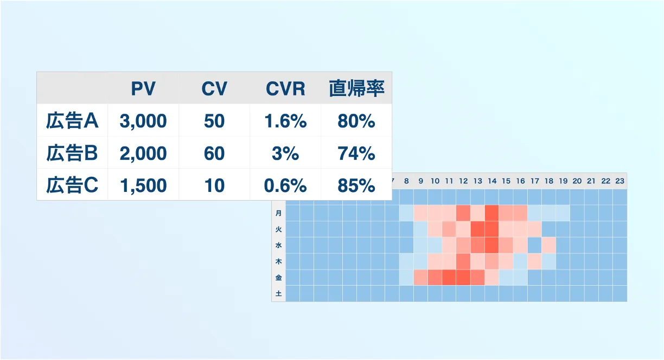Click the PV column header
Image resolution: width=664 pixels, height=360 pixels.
tap(143, 88)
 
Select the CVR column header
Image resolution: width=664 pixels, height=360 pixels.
tap(285, 88)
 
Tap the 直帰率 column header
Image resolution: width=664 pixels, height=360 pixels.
tap(356, 88)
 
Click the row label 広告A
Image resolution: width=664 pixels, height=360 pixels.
tap(72, 120)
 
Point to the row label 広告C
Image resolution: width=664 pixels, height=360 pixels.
tap(72, 185)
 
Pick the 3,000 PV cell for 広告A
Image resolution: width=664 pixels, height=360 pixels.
tap(143, 121)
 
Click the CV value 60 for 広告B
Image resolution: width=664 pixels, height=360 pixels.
tap(214, 153)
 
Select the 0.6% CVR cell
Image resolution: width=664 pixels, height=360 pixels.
tap(285, 186)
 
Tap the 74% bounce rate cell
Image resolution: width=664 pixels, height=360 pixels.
tap(356, 153)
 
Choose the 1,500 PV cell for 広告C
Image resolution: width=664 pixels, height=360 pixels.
tap(143, 186)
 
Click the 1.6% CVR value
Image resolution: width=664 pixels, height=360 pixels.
tap(285, 121)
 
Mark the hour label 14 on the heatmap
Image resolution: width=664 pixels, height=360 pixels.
tap(492, 181)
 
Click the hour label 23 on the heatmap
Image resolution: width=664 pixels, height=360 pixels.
tap(620, 181)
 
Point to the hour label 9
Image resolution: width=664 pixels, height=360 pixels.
tap(420, 181)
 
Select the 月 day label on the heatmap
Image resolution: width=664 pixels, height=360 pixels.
tap(278, 213)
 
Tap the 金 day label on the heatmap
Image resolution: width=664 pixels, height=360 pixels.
tap(278, 278)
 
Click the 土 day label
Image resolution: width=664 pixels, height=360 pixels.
tap(278, 294)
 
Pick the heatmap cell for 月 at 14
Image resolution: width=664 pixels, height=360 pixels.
tap(492, 213)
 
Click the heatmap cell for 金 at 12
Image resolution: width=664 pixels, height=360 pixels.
tap(463, 278)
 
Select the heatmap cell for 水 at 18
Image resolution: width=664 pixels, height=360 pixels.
tap(549, 246)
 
